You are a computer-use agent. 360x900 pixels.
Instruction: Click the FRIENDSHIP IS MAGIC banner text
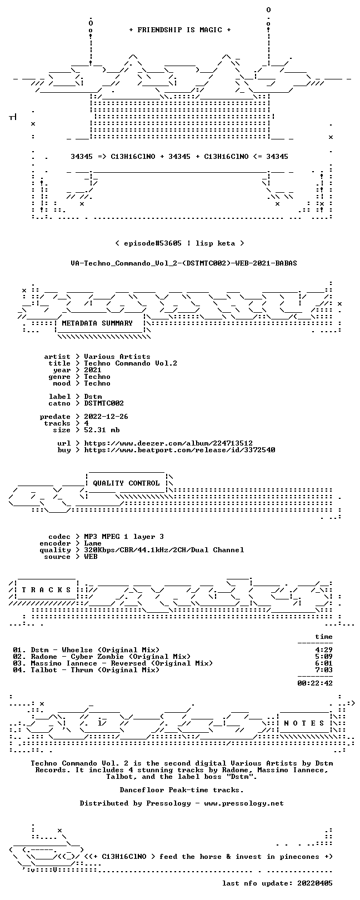click(x=179, y=30)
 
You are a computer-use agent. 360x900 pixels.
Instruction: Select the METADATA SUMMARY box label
click(x=97, y=323)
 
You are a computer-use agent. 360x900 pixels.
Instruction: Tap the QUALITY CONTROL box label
click(x=126, y=483)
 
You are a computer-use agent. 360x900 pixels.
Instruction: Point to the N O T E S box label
click(x=304, y=723)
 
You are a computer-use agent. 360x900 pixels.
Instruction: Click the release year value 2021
click(x=93, y=370)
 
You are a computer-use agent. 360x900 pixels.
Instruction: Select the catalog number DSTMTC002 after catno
click(x=104, y=403)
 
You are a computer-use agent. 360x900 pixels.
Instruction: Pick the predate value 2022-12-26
click(x=106, y=417)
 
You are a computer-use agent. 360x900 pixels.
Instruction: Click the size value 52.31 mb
click(x=102, y=430)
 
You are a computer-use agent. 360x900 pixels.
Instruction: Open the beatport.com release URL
click(x=179, y=450)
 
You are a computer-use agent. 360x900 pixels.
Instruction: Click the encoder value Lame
click(x=93, y=543)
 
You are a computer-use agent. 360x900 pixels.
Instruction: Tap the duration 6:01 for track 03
click(x=324, y=663)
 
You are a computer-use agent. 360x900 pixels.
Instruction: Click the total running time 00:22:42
click(x=315, y=683)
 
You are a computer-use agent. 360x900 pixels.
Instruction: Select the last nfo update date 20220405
click(x=315, y=883)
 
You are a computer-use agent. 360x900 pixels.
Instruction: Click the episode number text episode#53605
click(x=153, y=243)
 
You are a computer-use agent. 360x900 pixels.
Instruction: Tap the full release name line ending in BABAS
click(x=184, y=263)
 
